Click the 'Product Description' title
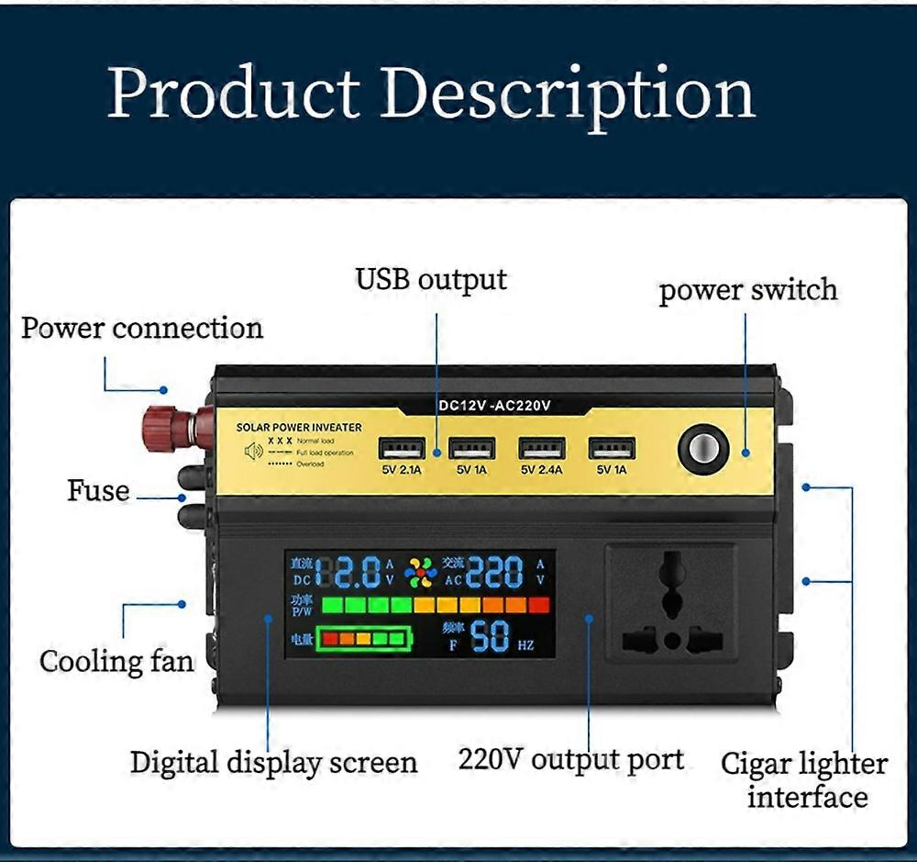(x=431, y=94)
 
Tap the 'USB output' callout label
(x=431, y=278)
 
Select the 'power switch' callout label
(x=748, y=290)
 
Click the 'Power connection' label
(x=142, y=328)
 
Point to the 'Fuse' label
(x=98, y=490)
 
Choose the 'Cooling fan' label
(x=116, y=661)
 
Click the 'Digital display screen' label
(x=273, y=762)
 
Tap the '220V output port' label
(x=570, y=759)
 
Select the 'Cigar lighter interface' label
(x=804, y=779)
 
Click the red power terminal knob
(x=169, y=428)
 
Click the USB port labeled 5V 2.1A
(x=401, y=448)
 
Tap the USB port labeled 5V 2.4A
(x=541, y=448)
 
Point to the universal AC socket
(x=671, y=601)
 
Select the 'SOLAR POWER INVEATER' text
(x=299, y=428)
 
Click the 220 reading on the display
(x=496, y=573)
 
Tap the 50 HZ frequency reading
(x=501, y=636)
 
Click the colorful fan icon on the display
(x=421, y=572)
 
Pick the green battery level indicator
(x=364, y=638)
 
